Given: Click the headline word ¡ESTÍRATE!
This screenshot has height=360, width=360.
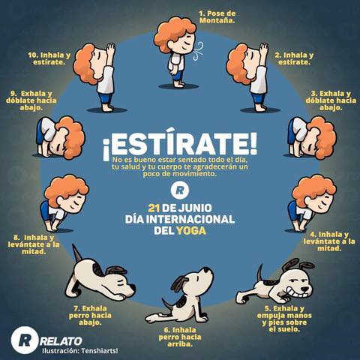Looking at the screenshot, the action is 180,145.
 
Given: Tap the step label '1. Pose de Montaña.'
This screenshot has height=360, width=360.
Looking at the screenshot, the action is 217,17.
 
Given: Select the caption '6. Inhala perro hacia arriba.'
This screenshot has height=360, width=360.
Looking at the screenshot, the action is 180,337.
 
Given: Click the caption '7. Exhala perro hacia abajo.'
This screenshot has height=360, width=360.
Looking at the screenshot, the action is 90,315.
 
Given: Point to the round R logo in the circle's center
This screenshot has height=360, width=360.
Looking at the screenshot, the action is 180,190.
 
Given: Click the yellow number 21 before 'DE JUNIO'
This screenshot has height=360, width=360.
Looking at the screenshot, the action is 154,208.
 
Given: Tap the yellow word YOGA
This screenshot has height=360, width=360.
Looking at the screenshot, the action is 191,230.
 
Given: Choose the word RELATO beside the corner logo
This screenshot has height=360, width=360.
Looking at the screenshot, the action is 61,340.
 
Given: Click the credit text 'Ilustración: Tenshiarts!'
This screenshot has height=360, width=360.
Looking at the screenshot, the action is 79,350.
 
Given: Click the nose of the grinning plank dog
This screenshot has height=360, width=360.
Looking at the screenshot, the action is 304,289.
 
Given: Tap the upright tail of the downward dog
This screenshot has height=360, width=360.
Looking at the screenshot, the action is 76,253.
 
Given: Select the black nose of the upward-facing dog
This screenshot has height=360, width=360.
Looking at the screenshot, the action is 206,270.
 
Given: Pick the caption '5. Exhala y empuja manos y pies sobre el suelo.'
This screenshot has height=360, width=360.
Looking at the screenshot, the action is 284,319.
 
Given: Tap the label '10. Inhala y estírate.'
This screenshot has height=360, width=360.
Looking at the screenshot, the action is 49,58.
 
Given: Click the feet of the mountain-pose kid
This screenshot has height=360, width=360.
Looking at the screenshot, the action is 179,84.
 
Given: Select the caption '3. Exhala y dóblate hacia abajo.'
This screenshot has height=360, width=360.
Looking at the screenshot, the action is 331,100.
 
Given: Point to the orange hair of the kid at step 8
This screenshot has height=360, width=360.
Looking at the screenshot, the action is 65,189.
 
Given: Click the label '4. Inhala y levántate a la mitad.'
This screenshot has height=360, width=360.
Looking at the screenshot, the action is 329,241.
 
